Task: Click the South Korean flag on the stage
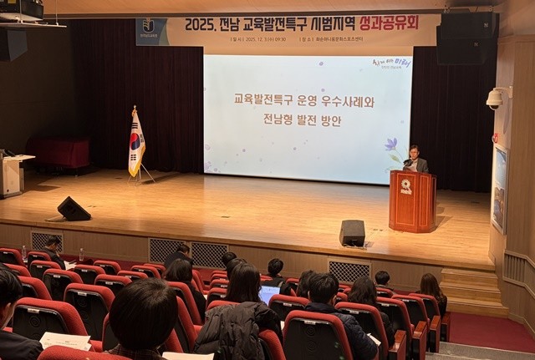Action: tap(135, 144)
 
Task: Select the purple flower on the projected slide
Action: tap(390, 145)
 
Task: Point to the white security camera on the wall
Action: tap(495, 99)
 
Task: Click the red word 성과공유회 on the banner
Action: tap(387, 23)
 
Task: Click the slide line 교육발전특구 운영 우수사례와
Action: tap(304, 99)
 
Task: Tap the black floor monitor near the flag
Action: tap(74, 209)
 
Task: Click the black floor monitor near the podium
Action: tap(352, 233)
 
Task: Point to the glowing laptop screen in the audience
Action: tap(268, 294)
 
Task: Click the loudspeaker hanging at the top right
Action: tap(466, 38)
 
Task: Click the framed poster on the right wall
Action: tap(499, 188)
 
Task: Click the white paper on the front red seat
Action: tap(65, 341)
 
